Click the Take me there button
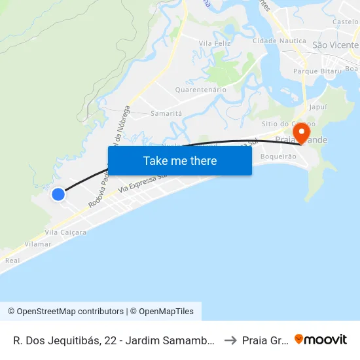coord(180,161)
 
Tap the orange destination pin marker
coord(302,134)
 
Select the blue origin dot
coord(58,194)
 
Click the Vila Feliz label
coord(215,43)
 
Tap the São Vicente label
coord(335,45)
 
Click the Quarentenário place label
coord(201,89)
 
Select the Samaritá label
coord(166,113)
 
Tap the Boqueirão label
coord(278,156)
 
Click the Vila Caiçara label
coord(65,232)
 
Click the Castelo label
coord(345,22)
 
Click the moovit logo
coord(321,339)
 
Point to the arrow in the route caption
coord(230,340)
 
